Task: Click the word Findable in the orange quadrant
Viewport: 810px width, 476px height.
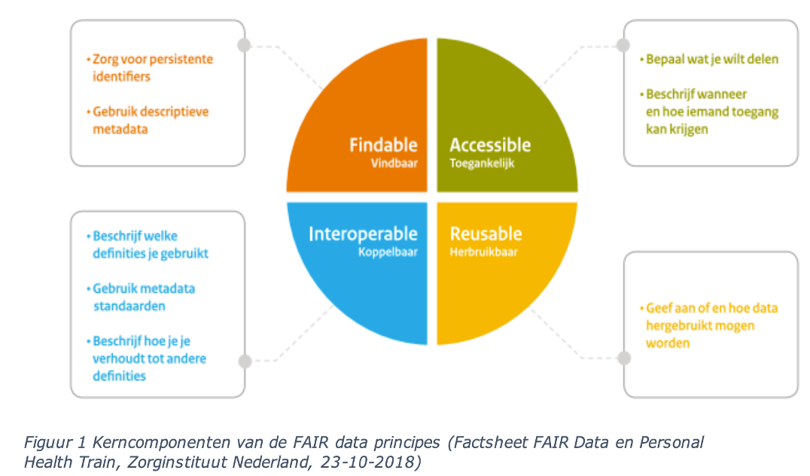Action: [x=383, y=145]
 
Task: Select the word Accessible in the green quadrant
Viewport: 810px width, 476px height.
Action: [x=490, y=145]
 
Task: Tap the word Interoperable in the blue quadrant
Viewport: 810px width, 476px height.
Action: [x=363, y=234]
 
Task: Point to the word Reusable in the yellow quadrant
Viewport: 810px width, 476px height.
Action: [x=486, y=234]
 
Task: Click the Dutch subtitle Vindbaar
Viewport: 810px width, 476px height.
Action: [x=394, y=163]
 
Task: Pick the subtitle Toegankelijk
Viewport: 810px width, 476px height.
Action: [x=483, y=163]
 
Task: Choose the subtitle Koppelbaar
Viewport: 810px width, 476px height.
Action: [x=388, y=252]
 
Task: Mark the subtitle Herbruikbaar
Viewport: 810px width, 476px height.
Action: [x=484, y=252]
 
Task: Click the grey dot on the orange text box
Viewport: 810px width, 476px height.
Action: [x=244, y=45]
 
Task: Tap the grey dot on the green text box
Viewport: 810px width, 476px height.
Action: [x=623, y=44]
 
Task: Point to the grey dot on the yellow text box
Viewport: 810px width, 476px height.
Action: [x=623, y=359]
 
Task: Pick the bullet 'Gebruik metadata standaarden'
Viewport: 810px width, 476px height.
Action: [x=144, y=297]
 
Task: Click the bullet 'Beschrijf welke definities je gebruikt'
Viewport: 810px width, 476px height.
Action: [x=148, y=245]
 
